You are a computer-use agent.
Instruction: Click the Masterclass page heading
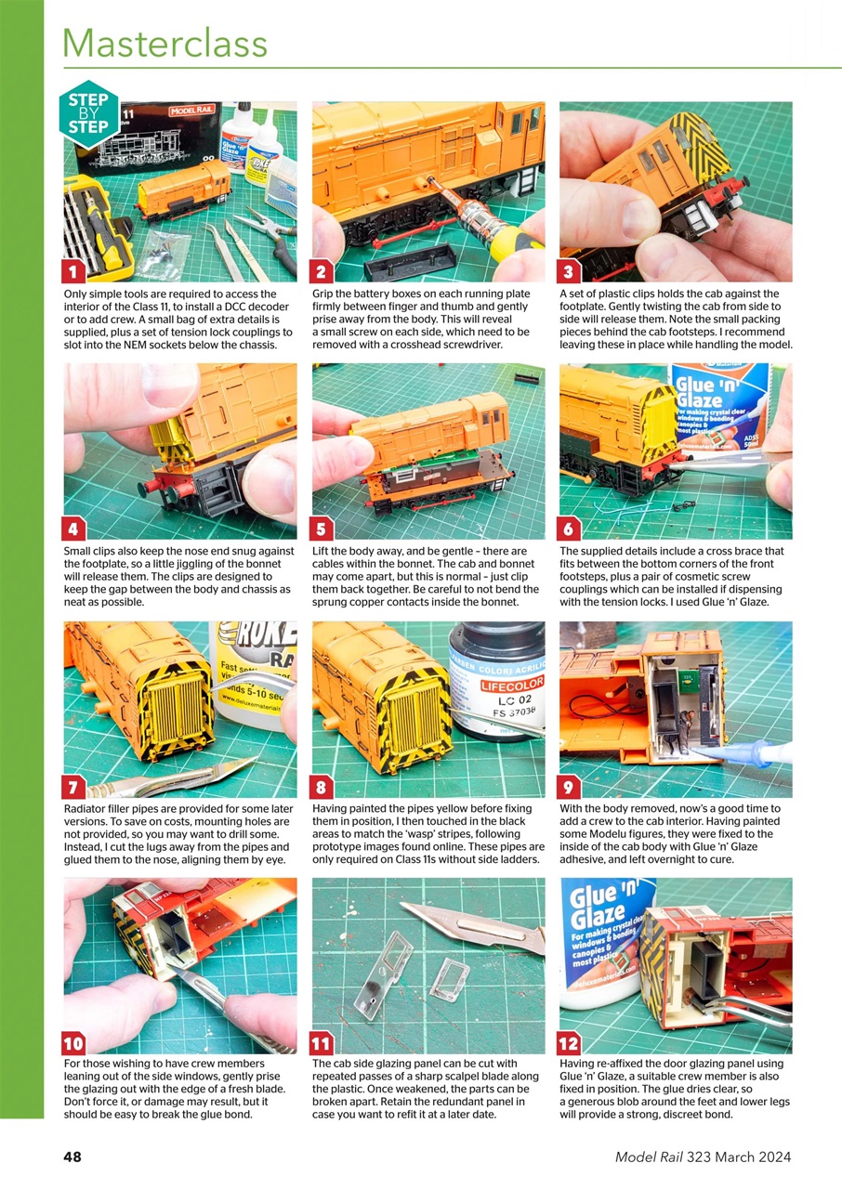[164, 44]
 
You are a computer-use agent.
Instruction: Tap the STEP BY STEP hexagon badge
[88, 114]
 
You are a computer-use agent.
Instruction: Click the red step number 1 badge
[74, 271]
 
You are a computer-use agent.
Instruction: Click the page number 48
[72, 1156]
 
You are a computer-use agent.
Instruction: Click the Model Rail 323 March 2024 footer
[703, 1156]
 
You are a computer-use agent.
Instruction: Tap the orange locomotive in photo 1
[183, 190]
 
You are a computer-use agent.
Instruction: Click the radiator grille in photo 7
[177, 711]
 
